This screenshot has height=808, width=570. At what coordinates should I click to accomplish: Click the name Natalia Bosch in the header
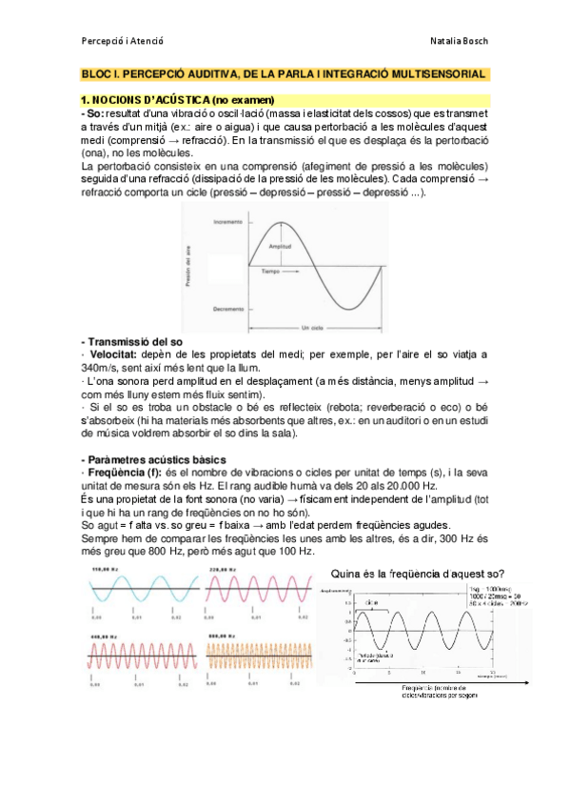[460, 41]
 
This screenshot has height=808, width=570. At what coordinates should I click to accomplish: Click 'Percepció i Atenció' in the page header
[123, 41]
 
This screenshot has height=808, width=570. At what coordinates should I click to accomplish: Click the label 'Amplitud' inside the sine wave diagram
[279, 246]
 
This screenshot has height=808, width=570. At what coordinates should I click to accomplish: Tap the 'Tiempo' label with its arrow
[276, 272]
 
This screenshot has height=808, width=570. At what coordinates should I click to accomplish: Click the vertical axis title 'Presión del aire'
[188, 266]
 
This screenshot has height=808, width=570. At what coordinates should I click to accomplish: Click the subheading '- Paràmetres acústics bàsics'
[151, 447]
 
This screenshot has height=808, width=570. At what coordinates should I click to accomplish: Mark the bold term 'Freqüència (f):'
[125, 460]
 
